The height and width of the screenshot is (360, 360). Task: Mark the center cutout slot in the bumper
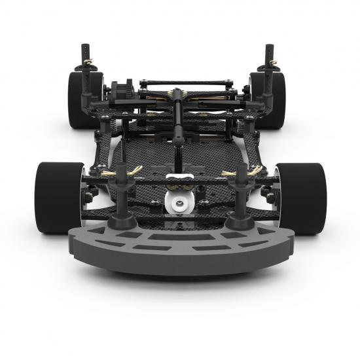(x=179, y=236)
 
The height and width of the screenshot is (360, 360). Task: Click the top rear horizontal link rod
(x=187, y=82)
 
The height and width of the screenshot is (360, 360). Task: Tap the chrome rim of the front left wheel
(x=82, y=196)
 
